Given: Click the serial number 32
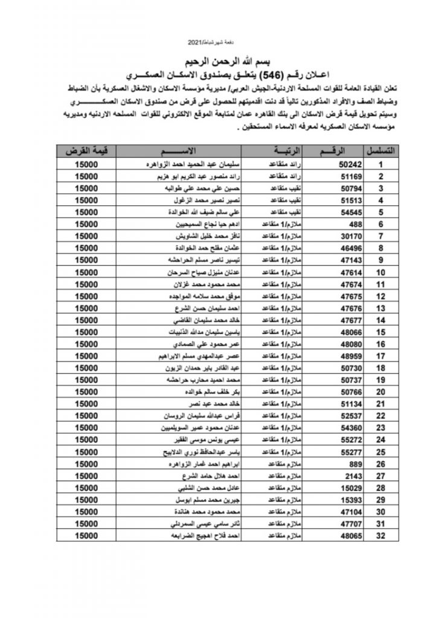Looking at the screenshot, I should click(x=381, y=534).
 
